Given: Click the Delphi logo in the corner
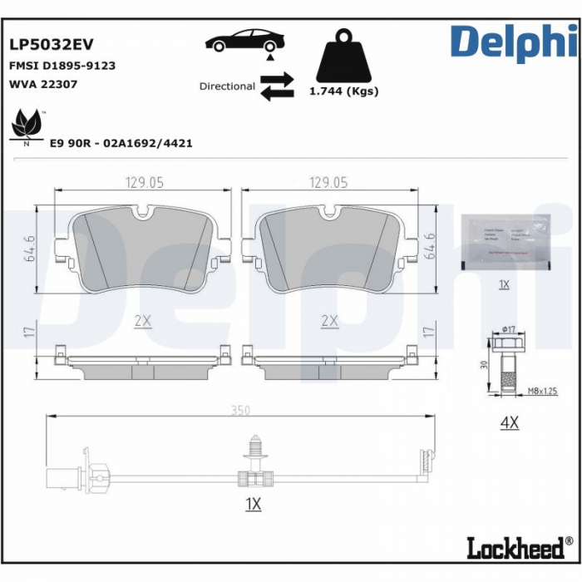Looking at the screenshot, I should click(513, 42).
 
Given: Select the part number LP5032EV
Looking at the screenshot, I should click(51, 43).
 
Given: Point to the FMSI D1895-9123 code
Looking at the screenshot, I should click(62, 65).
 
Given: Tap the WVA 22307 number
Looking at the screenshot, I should click(42, 84).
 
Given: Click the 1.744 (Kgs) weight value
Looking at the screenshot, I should click(343, 91).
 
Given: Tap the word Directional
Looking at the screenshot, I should click(227, 86).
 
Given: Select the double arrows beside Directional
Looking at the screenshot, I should click(277, 86).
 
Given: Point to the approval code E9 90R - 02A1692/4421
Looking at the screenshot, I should click(121, 143).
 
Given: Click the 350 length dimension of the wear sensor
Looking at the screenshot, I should click(242, 410).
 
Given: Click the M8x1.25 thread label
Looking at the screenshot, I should click(543, 390).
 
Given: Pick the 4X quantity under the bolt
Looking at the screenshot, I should click(508, 422).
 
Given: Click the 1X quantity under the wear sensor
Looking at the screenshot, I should click(254, 504).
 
